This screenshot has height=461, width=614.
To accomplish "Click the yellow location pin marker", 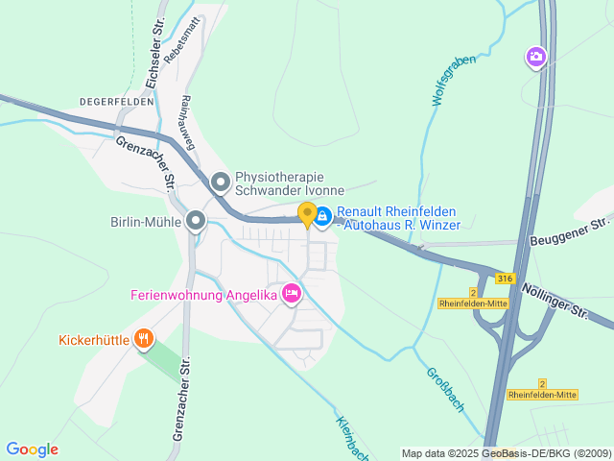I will coord(307,214).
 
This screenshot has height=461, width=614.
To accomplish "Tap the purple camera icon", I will coord(535,58).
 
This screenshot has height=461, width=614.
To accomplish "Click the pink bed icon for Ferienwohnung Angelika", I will coord(292,295).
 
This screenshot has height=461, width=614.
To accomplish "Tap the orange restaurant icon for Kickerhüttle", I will coord(144,338).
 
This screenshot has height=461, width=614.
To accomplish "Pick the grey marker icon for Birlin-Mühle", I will coord(196,222).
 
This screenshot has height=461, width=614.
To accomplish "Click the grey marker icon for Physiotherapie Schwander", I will coord(221,182).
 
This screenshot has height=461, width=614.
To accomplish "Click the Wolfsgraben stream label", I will coord(453,81).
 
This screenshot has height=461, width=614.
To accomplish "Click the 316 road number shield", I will coord(505,278).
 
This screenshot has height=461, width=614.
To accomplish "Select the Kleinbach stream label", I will coord(353,437).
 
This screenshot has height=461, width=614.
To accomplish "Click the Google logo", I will coord(32,449).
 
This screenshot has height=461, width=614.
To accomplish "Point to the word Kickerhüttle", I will coord(93,339).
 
